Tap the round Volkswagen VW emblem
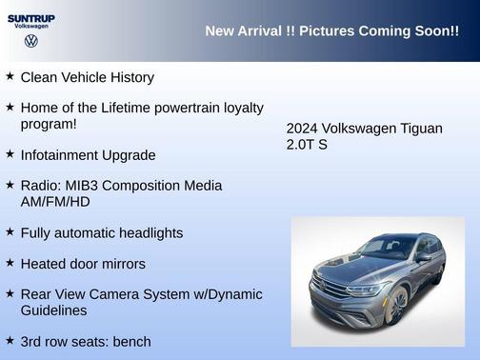click(30, 41)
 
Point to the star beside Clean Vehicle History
click(10, 76)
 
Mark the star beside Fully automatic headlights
click(10, 231)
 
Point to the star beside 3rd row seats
click(10, 340)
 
